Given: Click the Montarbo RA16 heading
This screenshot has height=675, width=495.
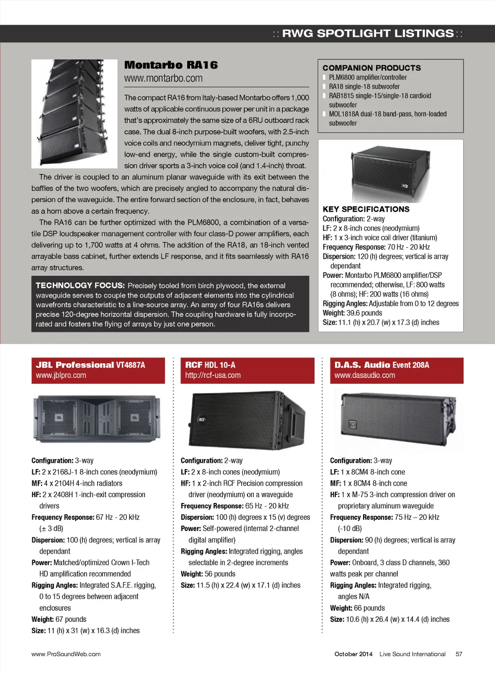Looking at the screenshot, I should click(x=171, y=65).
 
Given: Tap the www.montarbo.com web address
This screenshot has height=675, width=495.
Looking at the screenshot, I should click(x=163, y=78).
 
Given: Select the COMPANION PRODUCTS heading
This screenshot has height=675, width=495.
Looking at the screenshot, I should click(x=371, y=68).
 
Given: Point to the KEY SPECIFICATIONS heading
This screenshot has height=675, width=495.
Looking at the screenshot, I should click(x=366, y=209).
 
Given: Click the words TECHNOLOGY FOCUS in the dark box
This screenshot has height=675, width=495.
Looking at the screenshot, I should click(x=80, y=286).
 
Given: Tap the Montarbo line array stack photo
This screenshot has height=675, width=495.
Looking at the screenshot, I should click(x=74, y=114).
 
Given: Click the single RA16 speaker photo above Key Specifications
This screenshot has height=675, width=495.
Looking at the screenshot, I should click(x=391, y=172).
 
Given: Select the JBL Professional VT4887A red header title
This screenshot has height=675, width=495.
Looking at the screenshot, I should click(x=90, y=365).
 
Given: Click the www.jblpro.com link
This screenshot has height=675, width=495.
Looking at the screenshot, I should click(x=61, y=375).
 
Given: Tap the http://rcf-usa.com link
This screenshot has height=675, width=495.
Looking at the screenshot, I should click(x=213, y=375).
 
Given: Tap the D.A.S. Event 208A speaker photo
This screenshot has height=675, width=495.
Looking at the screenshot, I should click(x=396, y=418).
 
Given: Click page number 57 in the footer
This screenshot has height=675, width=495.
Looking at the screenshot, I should click(x=459, y=654).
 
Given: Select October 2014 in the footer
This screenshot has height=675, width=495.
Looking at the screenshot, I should click(x=353, y=654).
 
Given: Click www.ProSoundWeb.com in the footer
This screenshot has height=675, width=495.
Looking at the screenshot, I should click(x=66, y=654).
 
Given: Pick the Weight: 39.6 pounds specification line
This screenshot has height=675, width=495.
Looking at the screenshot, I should click(x=352, y=313).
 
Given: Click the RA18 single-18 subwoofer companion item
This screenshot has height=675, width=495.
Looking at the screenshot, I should click(x=364, y=86).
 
